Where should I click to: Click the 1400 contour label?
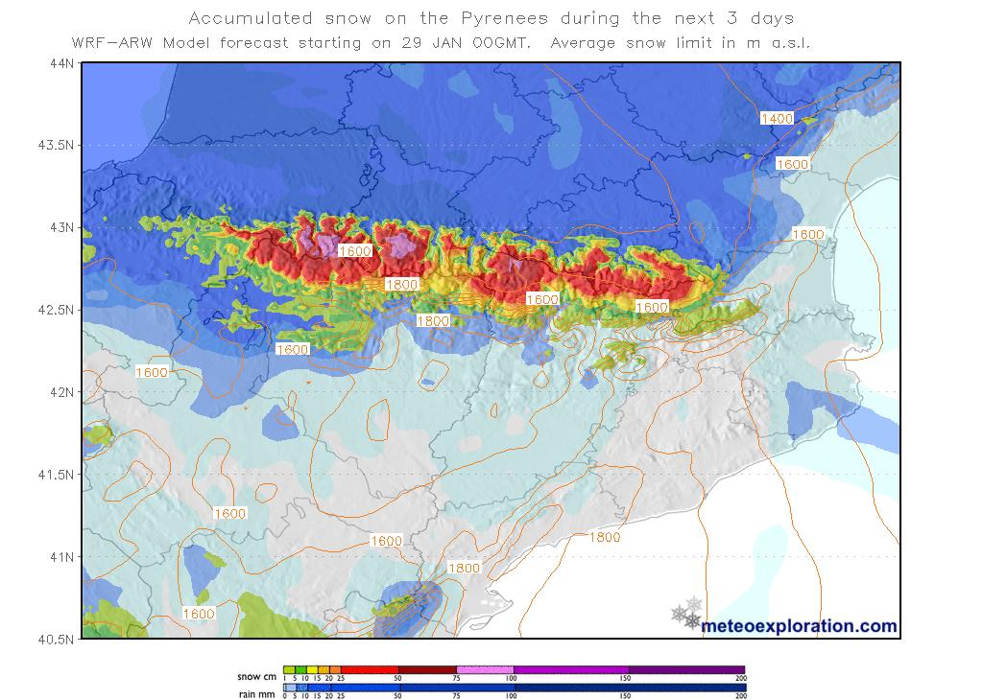[x=776, y=118]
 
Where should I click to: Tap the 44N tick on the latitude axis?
[x=60, y=63]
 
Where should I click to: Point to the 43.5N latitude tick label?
[x=54, y=145]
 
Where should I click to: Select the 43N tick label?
[x=60, y=227]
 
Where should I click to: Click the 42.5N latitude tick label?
[x=54, y=310]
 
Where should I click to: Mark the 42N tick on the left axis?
[x=60, y=392]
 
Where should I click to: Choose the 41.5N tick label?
[x=54, y=474]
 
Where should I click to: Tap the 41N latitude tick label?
[x=60, y=556]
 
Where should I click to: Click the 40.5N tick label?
[x=54, y=639]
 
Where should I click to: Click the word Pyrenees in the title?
[x=505, y=18]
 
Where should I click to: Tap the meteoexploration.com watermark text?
[x=800, y=626]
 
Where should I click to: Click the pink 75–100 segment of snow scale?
[x=485, y=670]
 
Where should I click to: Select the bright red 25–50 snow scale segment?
[x=370, y=670]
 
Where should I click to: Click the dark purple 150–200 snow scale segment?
[x=686, y=670]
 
